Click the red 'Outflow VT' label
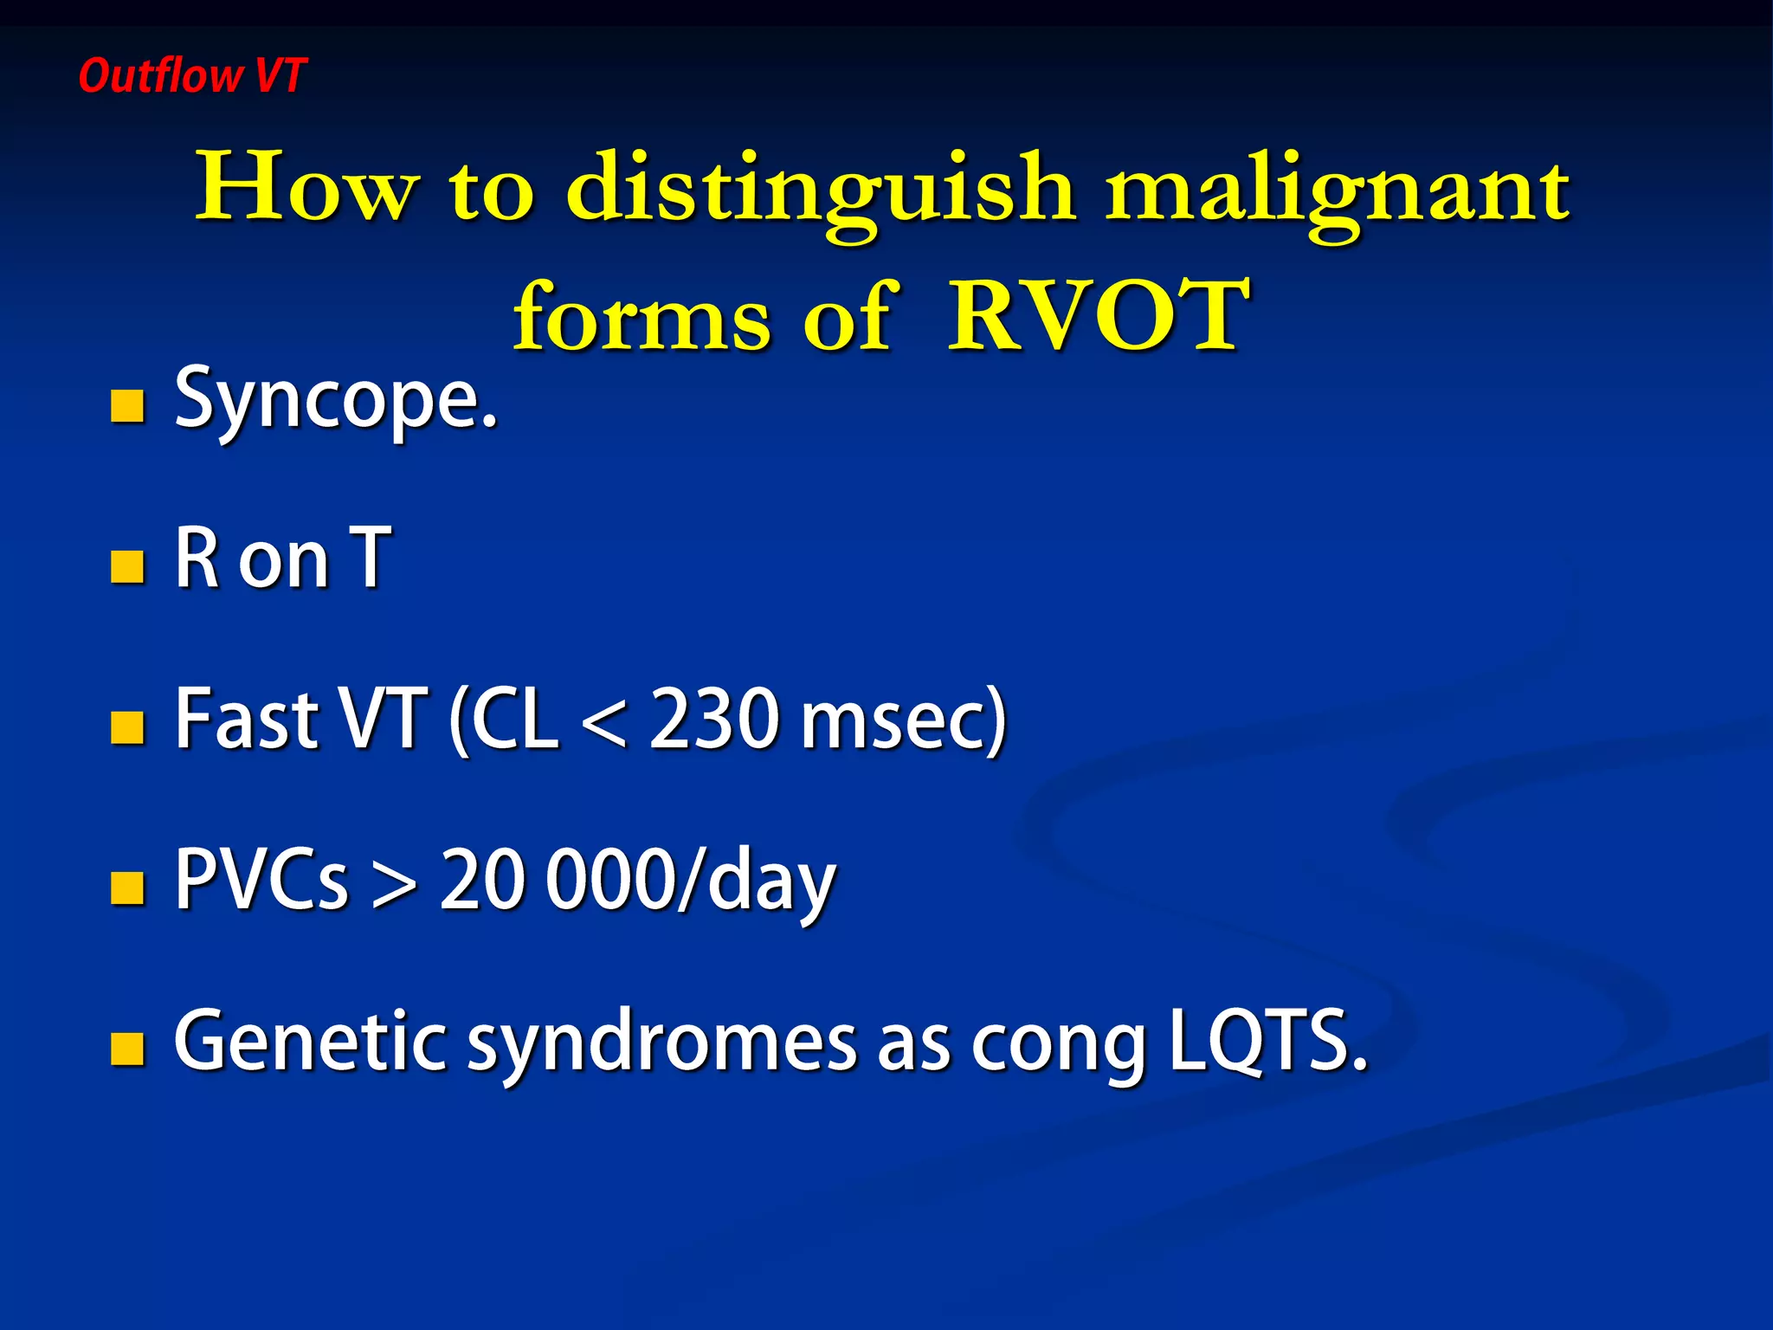191,75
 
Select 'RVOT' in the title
1098,316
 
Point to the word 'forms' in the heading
642,316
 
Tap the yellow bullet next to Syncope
127,405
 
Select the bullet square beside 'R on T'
127,567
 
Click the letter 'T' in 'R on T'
371,558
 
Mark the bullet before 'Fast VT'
127,728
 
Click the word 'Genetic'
310,1041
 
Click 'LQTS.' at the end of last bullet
1267,1041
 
